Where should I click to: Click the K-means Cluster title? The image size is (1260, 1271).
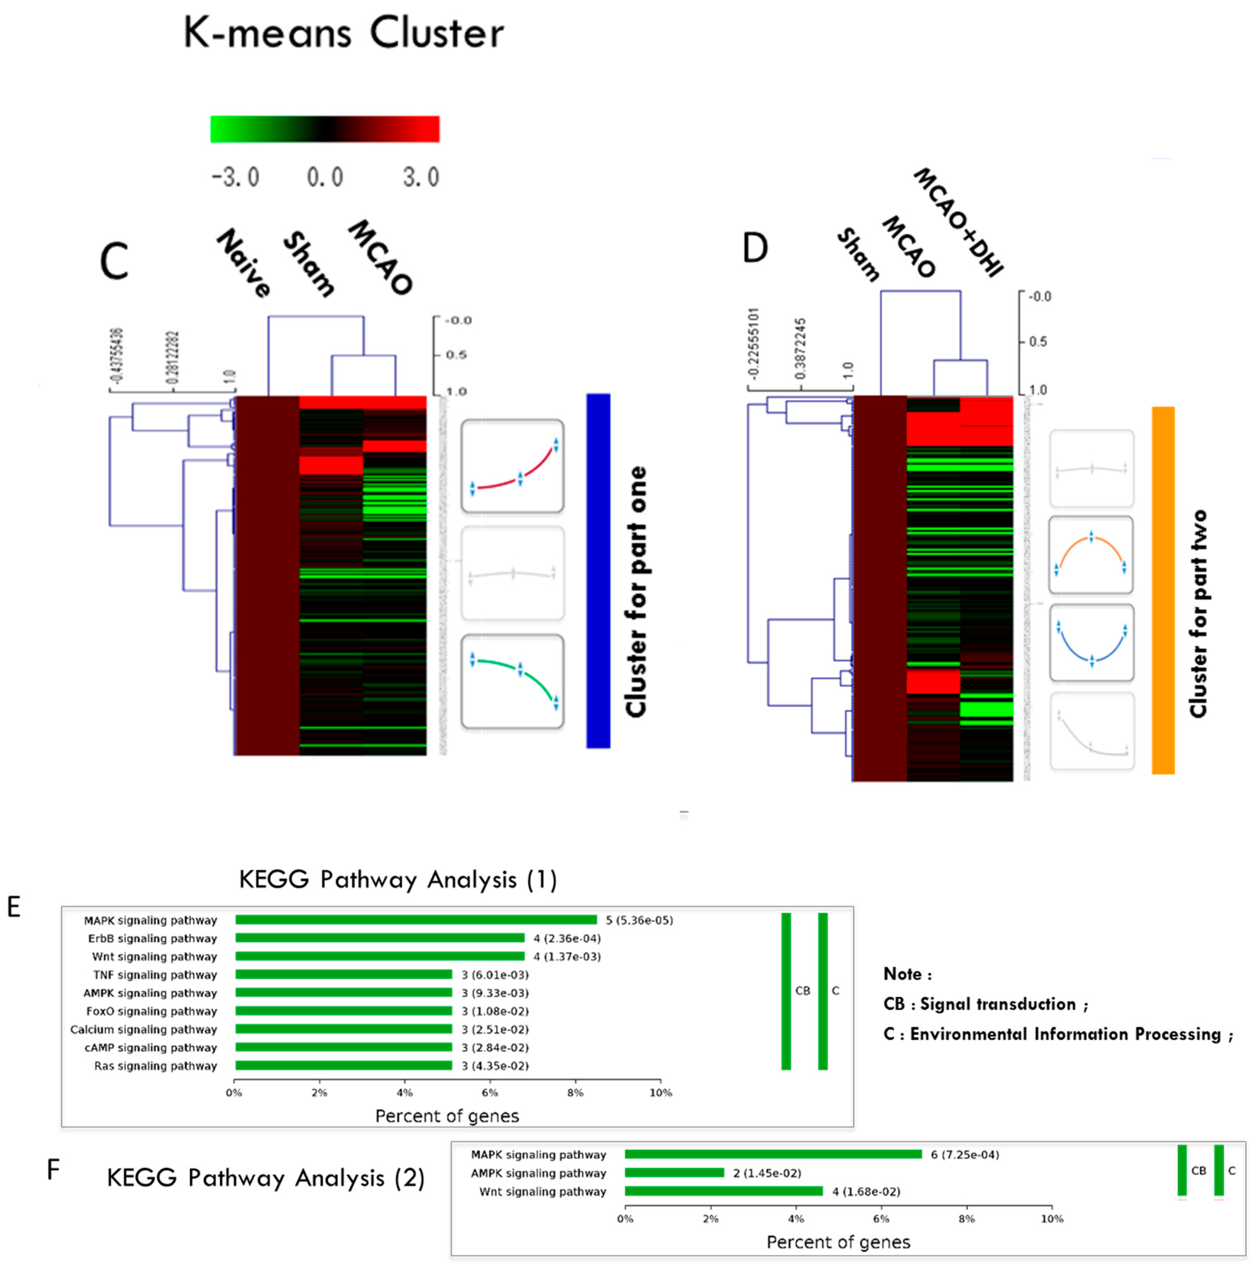[343, 33]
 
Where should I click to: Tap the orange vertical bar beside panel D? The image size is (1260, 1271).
[1163, 590]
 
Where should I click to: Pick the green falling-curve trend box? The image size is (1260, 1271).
[512, 682]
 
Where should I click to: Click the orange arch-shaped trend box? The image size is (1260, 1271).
[1091, 555]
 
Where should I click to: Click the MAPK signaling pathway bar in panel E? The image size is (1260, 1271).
[416, 920]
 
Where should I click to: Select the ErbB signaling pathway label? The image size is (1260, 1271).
[152, 938]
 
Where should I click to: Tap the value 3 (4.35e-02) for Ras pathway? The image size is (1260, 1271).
[495, 1066]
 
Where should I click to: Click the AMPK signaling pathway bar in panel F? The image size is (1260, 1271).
[674, 1172]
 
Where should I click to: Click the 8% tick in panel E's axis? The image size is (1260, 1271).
[575, 1093]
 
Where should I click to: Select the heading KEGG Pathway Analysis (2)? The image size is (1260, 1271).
[266, 1178]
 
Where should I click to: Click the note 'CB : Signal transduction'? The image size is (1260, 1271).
[984, 1004]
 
